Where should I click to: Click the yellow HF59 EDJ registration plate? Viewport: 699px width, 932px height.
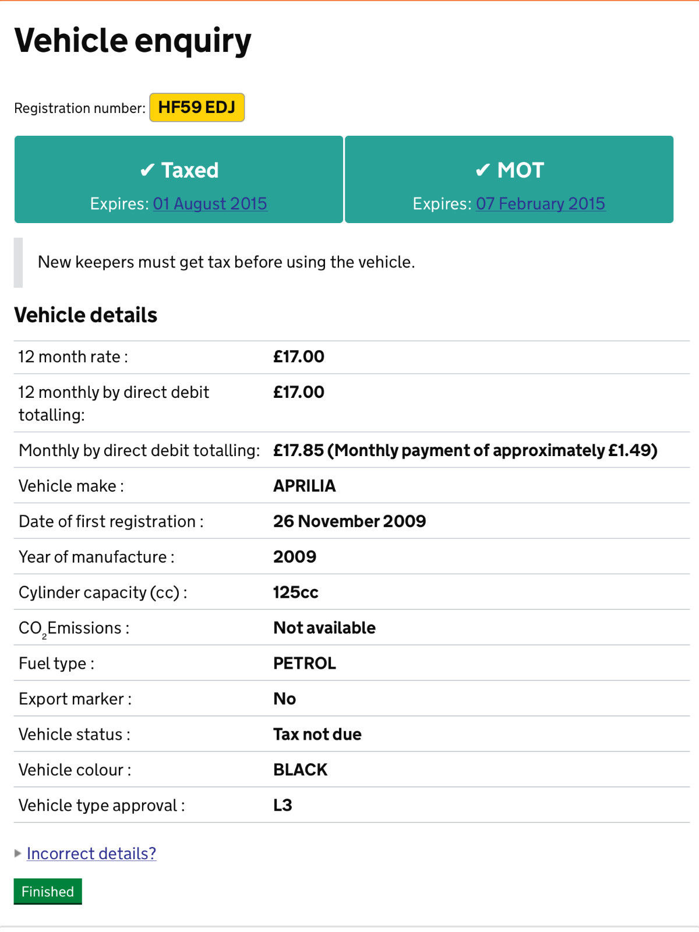click(197, 107)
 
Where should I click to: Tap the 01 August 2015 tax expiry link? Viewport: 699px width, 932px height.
click(210, 203)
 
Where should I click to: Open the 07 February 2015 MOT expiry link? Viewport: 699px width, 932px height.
click(541, 203)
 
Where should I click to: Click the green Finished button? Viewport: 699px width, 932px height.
click(48, 891)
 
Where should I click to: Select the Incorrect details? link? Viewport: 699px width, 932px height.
click(91, 853)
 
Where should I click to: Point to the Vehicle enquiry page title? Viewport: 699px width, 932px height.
click(133, 41)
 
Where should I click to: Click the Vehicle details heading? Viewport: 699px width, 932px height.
click(86, 315)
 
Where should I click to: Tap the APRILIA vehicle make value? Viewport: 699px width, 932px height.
click(305, 486)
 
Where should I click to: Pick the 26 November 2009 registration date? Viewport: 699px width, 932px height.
click(349, 521)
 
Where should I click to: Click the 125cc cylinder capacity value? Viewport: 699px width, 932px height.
click(296, 592)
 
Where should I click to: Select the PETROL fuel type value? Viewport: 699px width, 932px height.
click(305, 663)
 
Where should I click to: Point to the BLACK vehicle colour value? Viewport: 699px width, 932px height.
click(301, 770)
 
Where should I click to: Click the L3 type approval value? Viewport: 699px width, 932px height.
click(283, 806)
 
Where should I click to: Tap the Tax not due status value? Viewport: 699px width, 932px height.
click(317, 735)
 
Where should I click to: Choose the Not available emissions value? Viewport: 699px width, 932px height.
click(324, 628)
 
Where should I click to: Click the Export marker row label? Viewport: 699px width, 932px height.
click(75, 699)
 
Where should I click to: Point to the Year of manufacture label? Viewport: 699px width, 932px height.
click(97, 557)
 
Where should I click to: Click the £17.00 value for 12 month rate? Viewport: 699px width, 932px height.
click(299, 356)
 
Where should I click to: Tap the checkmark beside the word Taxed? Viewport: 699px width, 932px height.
click(147, 170)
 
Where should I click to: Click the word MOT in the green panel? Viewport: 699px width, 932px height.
click(520, 170)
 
